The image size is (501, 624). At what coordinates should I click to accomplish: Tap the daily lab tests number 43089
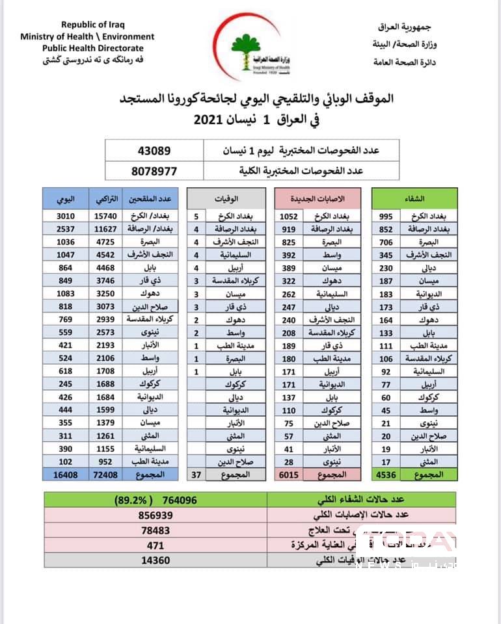point(154,150)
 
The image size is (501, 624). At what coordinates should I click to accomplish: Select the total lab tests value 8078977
point(154,171)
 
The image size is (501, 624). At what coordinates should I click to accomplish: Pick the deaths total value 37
point(196,475)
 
